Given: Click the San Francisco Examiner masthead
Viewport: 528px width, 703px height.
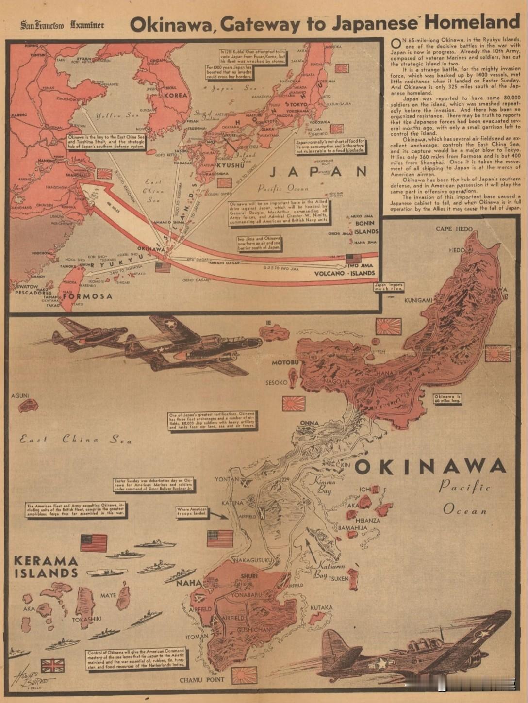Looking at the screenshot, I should click(x=62, y=25).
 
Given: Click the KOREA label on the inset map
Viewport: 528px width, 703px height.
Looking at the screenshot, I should click(x=175, y=95).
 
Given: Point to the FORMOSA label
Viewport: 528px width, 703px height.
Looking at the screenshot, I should click(x=87, y=296).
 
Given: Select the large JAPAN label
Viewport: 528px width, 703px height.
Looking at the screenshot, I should click(x=318, y=172).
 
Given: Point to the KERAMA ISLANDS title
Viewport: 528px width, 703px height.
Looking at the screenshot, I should click(x=46, y=567).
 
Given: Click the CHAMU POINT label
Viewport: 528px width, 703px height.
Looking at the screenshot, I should click(x=202, y=680).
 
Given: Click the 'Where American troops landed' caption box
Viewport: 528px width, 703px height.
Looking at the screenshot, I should click(x=192, y=511).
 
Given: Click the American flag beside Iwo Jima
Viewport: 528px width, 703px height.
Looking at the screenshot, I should click(x=353, y=258).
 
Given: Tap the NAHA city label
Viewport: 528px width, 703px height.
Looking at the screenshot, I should click(x=188, y=582).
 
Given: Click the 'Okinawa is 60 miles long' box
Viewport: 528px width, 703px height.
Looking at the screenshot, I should click(x=447, y=399).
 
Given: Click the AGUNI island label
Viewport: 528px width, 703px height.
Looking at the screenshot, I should click(x=20, y=396).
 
